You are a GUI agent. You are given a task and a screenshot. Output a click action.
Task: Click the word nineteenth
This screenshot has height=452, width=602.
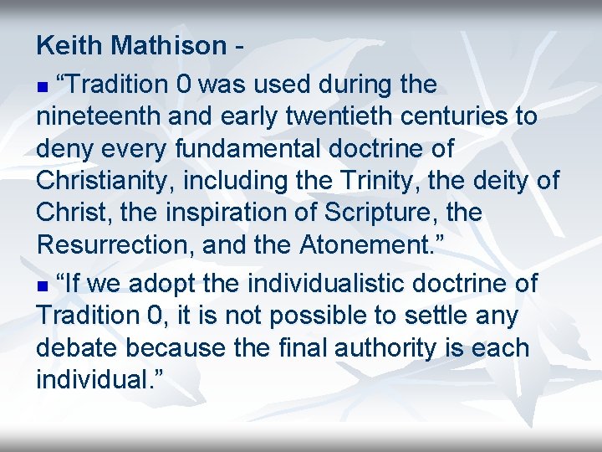99,116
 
